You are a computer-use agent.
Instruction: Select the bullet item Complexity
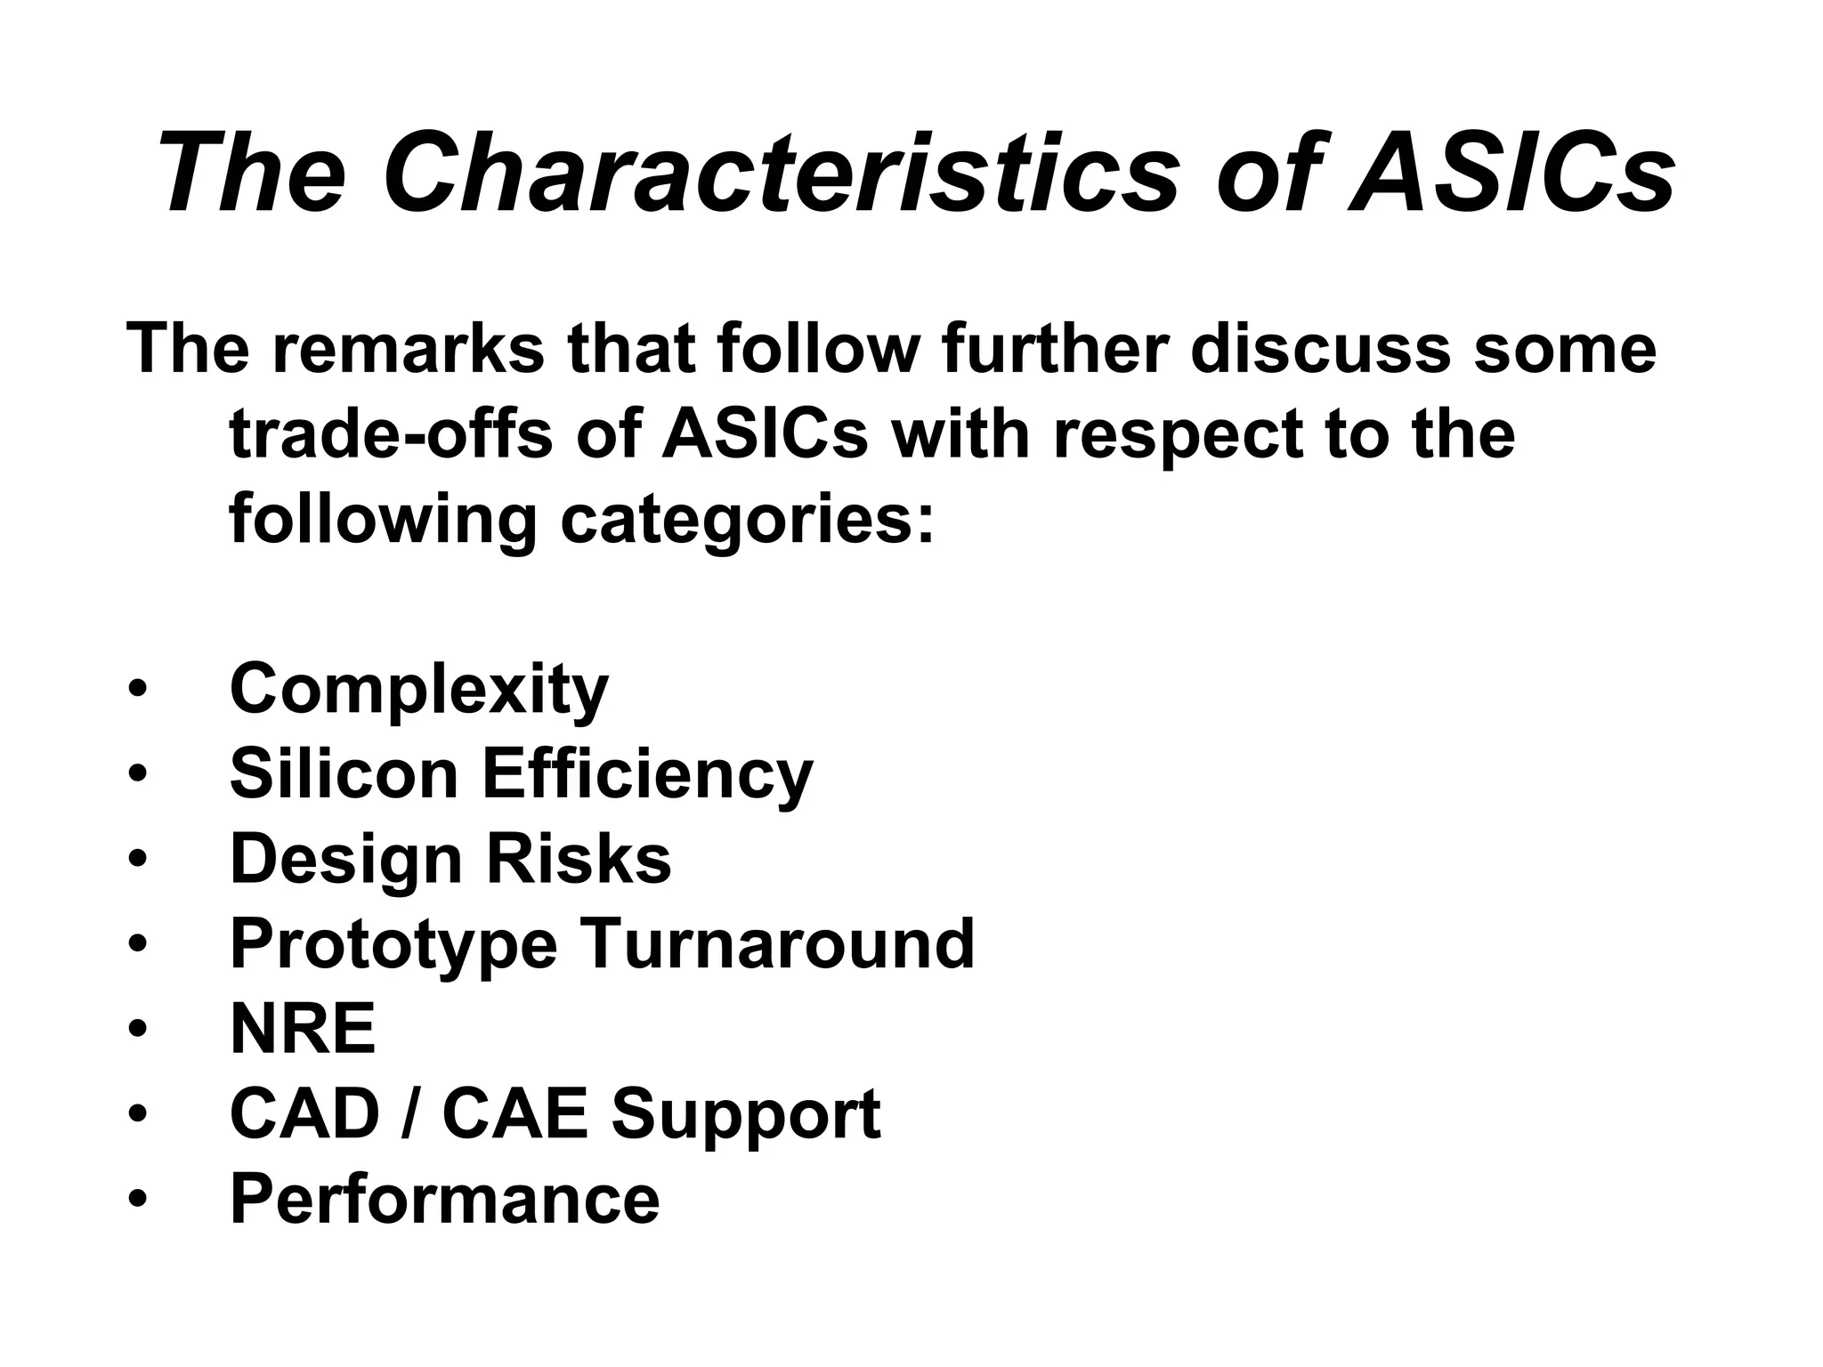(x=419, y=689)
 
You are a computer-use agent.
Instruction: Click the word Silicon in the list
(x=344, y=773)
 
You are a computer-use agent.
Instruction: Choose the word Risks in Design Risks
(x=579, y=859)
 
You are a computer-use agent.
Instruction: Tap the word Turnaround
(x=779, y=943)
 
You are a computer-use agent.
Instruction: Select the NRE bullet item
(x=303, y=1029)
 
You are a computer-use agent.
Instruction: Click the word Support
(x=746, y=1115)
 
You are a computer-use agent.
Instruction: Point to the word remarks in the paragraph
(x=409, y=349)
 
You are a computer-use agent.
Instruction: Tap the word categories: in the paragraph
(x=749, y=521)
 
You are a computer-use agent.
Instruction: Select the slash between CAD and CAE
(x=410, y=1113)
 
